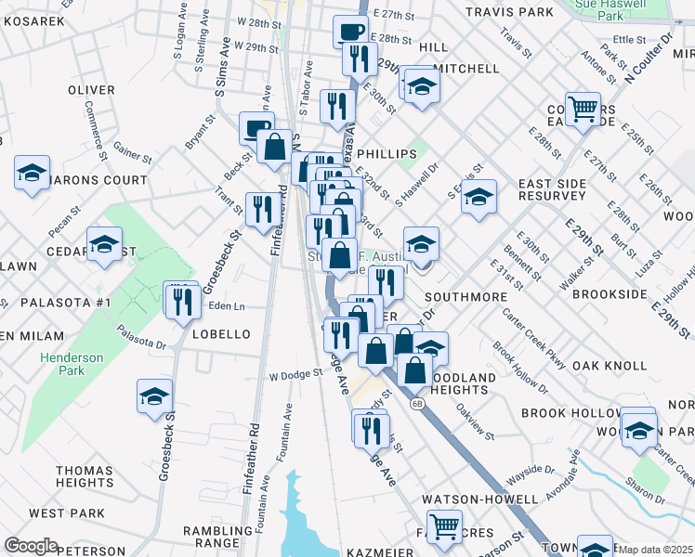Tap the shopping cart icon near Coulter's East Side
pyautogui.click(x=583, y=110)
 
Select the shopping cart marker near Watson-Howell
pyautogui.click(x=444, y=526)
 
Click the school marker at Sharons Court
pyautogui.click(x=33, y=174)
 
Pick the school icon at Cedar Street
pyautogui.click(x=104, y=245)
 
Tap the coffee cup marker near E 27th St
pyautogui.click(x=351, y=31)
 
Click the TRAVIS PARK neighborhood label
pyautogui.click(x=508, y=12)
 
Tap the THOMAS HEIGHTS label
pyautogui.click(x=85, y=477)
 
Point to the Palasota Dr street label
pyautogui.click(x=140, y=337)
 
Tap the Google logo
pyautogui.click(x=31, y=546)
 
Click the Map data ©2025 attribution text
pyautogui.click(x=655, y=550)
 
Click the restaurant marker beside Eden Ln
pyautogui.click(x=181, y=299)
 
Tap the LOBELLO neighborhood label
pyautogui.click(x=221, y=334)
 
